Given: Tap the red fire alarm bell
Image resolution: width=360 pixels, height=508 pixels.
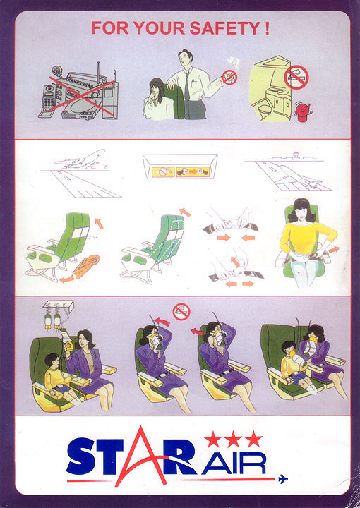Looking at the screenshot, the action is click(x=303, y=112).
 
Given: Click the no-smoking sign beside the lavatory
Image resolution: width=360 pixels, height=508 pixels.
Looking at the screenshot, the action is click(x=296, y=77).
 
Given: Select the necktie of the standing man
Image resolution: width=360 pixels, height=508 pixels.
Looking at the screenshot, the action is click(x=187, y=86).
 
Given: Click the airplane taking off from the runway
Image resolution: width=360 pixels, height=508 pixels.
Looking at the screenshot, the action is click(x=81, y=159).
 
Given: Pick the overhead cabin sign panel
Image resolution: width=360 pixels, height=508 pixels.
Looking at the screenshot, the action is click(x=180, y=167).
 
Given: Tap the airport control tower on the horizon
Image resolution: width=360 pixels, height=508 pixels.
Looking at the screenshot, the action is click(x=296, y=156).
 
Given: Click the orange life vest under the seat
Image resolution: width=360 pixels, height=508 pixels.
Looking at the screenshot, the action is click(x=87, y=266).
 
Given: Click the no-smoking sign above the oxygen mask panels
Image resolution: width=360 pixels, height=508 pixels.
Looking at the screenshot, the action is click(x=181, y=312).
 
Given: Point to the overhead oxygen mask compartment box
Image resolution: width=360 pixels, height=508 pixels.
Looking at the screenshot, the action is click(x=59, y=306).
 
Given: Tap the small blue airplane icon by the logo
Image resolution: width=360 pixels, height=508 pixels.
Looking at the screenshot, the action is click(x=283, y=479).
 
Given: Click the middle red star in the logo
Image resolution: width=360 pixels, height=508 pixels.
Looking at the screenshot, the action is click(x=234, y=440).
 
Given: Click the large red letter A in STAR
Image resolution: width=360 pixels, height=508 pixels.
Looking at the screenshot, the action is click(x=142, y=456).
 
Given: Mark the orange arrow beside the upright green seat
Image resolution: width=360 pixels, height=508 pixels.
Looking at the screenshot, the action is click(x=99, y=223).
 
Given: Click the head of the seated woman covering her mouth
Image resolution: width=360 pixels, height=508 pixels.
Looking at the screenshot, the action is click(x=157, y=87).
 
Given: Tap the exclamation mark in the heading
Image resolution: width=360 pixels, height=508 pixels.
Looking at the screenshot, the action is click(x=267, y=28).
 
